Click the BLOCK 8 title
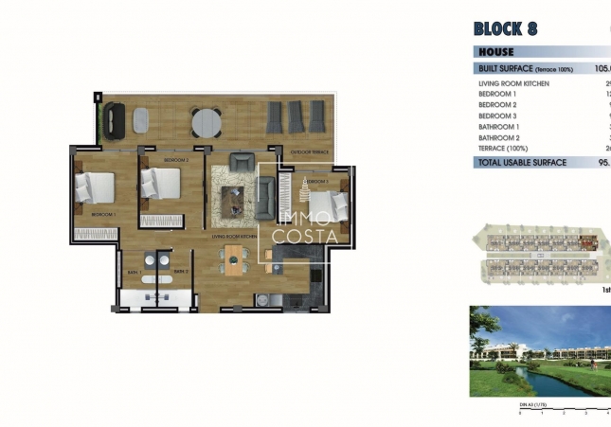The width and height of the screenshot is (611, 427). pos(504,28)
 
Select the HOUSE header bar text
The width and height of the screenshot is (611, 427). pos(496,52)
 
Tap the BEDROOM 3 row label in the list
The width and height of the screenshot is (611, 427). pos(498,116)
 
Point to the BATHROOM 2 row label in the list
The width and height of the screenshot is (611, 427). pos(499,137)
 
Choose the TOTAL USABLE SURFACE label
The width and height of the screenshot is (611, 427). pos(523,162)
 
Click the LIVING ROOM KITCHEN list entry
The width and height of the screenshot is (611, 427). pos(514,83)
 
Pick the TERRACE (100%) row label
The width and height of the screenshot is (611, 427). pos(504,149)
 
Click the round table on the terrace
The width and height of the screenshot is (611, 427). pos(206,121)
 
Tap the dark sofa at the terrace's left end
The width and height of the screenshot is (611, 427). pos(114,119)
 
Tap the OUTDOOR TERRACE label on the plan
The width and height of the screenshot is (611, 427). pos(309,152)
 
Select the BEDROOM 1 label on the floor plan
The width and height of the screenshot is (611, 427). pos(102,216)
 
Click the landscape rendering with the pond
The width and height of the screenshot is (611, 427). pos(540,351)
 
